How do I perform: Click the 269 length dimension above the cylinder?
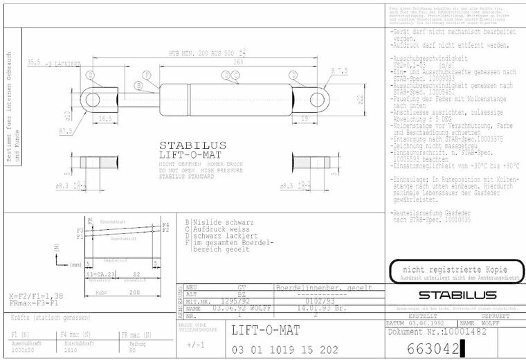click(x=238, y=62)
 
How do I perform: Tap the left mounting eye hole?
click(x=91, y=99)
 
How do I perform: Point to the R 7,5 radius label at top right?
click(x=340, y=71)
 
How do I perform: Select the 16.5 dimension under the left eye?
click(x=105, y=118)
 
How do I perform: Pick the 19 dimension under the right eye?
click(x=305, y=118)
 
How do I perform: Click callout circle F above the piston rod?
click(x=146, y=75)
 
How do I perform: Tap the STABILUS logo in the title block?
click(x=448, y=295)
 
